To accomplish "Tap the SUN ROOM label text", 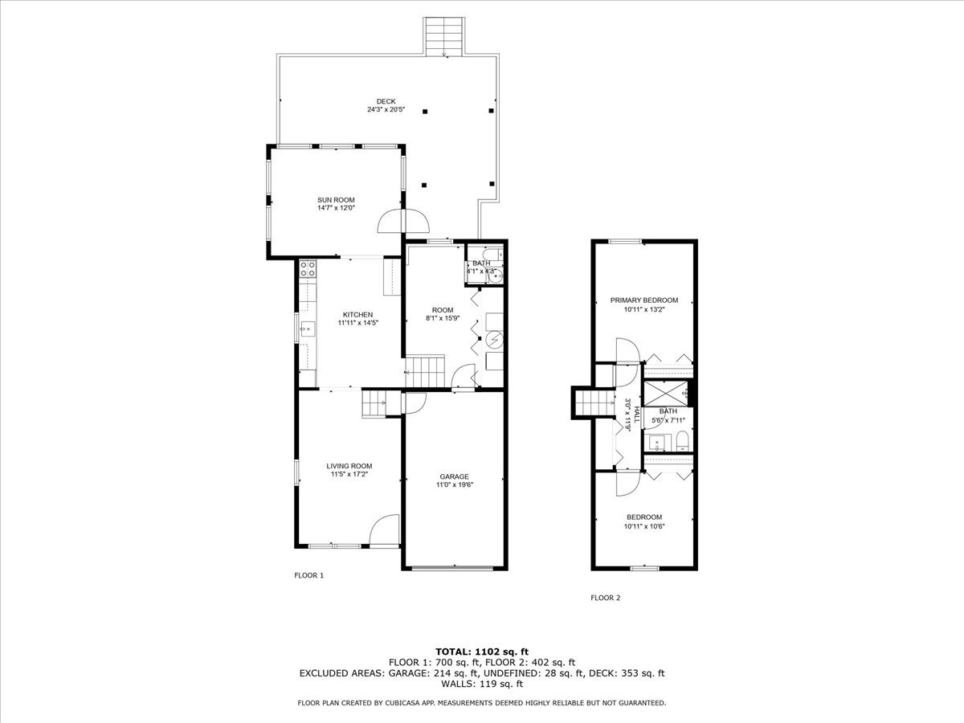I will coord(336,200).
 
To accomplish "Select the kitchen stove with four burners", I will coord(308,269).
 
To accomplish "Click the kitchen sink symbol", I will coord(307,328).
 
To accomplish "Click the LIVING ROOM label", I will coord(349,466).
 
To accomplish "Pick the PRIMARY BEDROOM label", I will coord(643,300).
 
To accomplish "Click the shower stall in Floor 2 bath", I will coord(666,394).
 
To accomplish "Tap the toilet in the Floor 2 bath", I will coord(681,440).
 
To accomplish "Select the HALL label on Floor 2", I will coord(635,414).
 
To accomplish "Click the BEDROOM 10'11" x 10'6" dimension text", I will coord(643,526).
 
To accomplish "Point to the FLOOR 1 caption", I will coord(308,575).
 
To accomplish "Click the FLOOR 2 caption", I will coord(605,598).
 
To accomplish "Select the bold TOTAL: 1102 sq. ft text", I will coord(481,651).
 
